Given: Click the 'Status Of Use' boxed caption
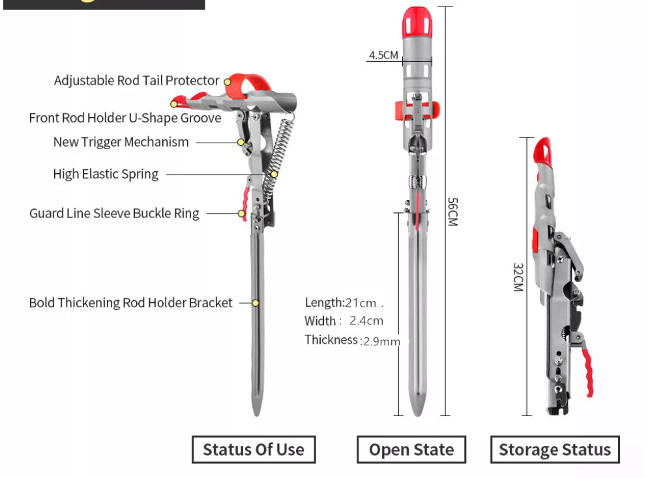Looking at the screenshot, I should (253, 449).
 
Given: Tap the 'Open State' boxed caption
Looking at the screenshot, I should (411, 449).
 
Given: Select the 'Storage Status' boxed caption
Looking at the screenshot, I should (555, 449).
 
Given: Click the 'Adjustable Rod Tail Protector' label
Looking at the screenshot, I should (136, 81).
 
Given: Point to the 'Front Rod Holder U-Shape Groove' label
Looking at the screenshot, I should (125, 118).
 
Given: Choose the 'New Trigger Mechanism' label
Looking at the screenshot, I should (121, 142).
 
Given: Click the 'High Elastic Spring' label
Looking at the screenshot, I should (106, 174).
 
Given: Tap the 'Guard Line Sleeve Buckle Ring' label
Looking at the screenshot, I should (114, 214).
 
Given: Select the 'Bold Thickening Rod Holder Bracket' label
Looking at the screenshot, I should (130, 303).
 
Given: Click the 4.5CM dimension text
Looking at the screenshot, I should (383, 55).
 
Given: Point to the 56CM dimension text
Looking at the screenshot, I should (452, 211).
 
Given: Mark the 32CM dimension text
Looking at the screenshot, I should (518, 277).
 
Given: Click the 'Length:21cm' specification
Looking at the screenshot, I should (340, 302).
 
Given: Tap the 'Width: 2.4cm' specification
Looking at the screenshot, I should (344, 320).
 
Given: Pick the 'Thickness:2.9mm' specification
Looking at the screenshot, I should (351, 340).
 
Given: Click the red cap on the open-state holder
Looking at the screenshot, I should (416, 22).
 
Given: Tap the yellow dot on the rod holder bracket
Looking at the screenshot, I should (256, 303).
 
